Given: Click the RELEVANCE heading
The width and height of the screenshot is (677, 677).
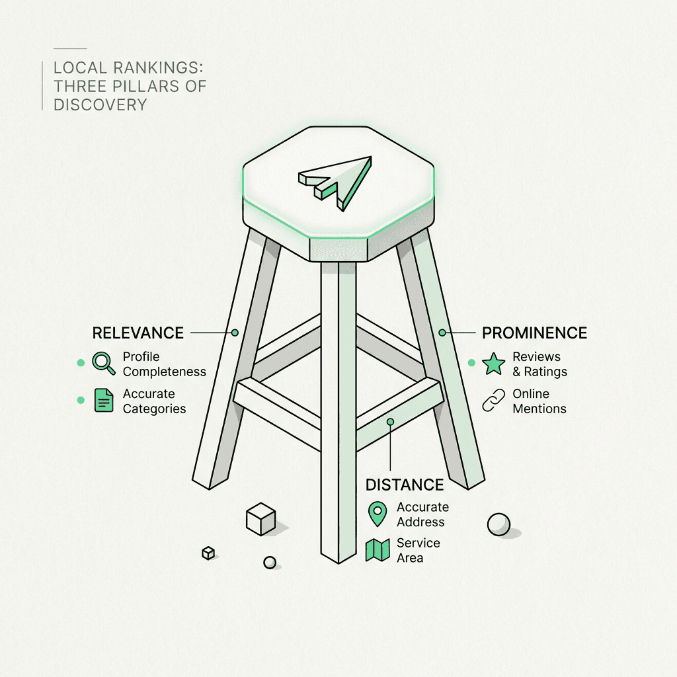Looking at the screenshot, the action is [138, 333].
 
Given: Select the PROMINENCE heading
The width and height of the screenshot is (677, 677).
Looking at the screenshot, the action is [534, 333].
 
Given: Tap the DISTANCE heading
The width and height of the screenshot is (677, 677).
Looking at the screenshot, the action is [405, 485].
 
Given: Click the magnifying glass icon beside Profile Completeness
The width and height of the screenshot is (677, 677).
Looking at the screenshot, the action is [103, 363].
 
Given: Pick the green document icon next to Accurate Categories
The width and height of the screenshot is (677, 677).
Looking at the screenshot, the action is [104, 400].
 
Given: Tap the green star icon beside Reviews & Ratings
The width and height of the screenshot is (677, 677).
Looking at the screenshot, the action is [493, 364].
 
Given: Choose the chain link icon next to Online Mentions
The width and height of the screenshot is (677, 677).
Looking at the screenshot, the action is [493, 401].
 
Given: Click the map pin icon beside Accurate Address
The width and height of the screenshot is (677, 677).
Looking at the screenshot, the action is [378, 514].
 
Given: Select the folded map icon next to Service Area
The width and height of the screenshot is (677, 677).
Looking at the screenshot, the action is [378, 550].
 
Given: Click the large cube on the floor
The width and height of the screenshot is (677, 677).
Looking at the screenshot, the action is [260, 519].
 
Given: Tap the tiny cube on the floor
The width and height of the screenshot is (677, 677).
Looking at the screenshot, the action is [208, 553].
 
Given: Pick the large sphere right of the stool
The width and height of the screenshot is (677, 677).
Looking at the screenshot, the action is [498, 524].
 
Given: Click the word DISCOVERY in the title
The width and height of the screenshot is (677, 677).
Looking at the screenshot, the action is [100, 104].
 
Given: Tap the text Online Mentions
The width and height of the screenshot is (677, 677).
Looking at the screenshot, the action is [539, 401].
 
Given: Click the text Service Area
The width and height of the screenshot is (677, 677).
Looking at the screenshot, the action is [418, 550].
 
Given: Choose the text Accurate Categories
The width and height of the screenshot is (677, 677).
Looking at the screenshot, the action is [154, 401].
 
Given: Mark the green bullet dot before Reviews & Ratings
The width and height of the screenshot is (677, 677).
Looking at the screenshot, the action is [471, 363].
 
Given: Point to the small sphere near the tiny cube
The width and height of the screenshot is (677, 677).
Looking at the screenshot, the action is [270, 563].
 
